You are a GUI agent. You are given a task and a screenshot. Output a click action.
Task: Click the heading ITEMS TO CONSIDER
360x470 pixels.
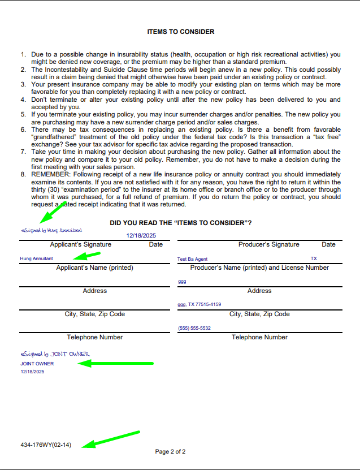[x=180, y=32]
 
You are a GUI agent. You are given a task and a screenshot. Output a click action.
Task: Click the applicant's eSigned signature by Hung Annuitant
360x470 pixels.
[x=51, y=231]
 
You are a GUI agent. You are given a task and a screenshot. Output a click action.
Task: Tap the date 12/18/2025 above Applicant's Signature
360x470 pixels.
[x=141, y=235]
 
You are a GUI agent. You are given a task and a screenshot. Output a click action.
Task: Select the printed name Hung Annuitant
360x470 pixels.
[x=36, y=258]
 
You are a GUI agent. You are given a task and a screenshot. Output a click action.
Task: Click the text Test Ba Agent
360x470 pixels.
[x=192, y=258]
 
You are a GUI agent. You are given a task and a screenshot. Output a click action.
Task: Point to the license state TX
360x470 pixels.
[x=314, y=258]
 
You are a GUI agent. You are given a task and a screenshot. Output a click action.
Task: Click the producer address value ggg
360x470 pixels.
[x=181, y=281]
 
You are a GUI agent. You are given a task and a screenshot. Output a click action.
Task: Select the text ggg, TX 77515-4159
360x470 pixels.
[x=199, y=304]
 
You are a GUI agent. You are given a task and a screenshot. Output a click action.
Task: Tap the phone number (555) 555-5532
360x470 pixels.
[x=194, y=328]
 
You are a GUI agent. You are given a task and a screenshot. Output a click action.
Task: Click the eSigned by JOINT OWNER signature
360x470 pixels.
[x=55, y=354]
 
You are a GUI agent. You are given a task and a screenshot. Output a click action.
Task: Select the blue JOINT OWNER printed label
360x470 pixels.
[x=37, y=364]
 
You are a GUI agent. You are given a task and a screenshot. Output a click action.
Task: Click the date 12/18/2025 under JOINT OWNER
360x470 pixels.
[x=32, y=372]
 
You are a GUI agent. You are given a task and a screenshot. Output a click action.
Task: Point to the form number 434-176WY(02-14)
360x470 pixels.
[x=46, y=445]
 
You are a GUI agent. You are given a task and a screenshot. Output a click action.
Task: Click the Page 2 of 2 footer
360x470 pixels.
[x=170, y=451]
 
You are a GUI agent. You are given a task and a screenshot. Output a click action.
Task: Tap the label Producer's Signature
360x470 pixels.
[x=269, y=244]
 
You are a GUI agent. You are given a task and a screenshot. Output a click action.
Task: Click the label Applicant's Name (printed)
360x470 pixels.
[x=94, y=268]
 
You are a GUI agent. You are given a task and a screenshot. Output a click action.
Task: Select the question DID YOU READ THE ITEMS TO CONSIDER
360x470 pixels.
[x=180, y=223]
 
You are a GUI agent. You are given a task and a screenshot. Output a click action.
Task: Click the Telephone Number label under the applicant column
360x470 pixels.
[x=94, y=337]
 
